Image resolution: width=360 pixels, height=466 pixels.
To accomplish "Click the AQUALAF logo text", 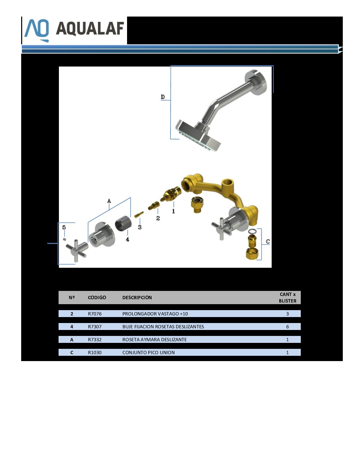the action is [90, 28].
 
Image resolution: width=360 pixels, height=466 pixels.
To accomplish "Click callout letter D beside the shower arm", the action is [163, 97].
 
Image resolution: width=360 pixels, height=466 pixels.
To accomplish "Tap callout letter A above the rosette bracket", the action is [109, 201].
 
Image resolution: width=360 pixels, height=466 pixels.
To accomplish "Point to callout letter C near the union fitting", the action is [268, 242].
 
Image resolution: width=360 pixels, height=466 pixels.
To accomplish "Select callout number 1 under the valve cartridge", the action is [173, 211].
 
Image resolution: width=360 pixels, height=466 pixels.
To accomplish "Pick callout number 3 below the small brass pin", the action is [140, 227].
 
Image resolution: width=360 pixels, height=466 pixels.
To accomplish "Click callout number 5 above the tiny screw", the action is [64, 227].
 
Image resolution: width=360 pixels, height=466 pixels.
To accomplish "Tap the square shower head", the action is [198, 136].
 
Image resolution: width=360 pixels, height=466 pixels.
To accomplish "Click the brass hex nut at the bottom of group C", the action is [252, 254].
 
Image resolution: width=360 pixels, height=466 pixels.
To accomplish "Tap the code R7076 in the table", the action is [95, 314].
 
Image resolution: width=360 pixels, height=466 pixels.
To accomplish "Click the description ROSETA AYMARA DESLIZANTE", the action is [155, 340].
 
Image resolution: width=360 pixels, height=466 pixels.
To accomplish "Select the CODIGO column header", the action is [97, 298].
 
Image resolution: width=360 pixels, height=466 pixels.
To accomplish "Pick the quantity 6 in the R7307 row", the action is [288, 327].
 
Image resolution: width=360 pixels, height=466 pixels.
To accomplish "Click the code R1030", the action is [95, 352].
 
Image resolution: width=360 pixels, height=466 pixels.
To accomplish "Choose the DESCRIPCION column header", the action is [137, 298].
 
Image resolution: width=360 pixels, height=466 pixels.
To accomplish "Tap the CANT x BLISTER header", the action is [288, 298].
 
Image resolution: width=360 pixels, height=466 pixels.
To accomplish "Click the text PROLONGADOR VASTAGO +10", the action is [155, 314].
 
